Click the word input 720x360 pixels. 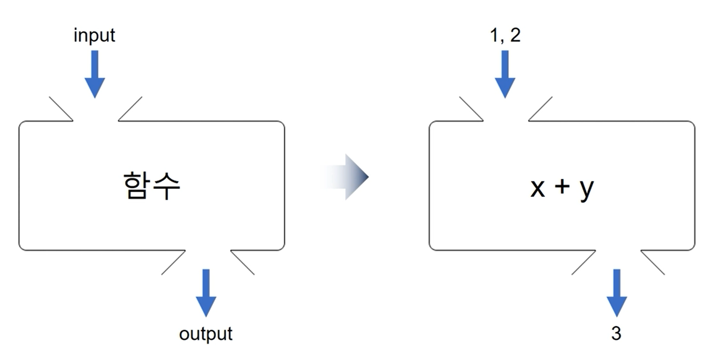point(94,36)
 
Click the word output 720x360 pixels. point(206,334)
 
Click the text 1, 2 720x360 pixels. point(505,35)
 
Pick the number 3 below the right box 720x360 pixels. point(616,334)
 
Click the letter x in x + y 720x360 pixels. point(537,188)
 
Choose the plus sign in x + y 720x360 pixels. point(562,188)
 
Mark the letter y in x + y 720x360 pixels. point(586,190)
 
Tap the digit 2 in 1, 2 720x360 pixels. point(514,35)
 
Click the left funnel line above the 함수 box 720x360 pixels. point(61,109)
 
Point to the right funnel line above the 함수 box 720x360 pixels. point(130,109)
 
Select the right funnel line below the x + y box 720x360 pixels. point(653,262)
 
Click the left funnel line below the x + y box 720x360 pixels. point(584,262)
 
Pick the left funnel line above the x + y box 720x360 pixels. point(471,109)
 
